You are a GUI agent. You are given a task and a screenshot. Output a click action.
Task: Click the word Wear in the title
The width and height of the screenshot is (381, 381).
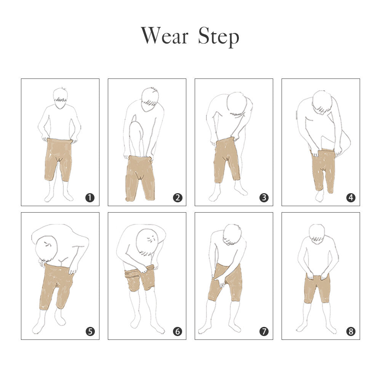[165, 35]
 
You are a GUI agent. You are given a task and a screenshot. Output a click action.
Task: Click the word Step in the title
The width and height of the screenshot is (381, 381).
[219, 37]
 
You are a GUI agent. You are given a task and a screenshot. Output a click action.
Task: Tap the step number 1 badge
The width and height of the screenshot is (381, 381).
[90, 197]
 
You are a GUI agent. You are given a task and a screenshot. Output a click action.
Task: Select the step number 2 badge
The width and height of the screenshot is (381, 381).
[178, 197]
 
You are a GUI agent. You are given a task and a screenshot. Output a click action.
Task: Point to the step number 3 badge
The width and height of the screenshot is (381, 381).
[264, 197]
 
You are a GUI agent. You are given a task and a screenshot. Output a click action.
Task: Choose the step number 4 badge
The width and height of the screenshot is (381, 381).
[351, 197]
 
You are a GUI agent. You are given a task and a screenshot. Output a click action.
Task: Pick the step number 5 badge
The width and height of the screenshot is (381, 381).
[90, 331]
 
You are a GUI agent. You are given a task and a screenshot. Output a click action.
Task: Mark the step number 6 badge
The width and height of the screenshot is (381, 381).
[178, 331]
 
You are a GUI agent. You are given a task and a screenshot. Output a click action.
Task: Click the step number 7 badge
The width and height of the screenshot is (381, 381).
[264, 331]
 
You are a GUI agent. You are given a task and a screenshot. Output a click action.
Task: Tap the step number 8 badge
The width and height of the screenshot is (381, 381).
[351, 331]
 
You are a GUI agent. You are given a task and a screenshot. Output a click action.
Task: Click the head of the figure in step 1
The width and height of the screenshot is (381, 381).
[60, 98]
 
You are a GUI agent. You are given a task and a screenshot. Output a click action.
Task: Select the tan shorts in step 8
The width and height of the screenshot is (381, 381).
[317, 289]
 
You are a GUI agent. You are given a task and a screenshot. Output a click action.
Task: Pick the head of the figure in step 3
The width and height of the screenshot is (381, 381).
[237, 104]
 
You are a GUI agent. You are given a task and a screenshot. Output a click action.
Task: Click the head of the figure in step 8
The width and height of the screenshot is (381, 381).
[317, 234]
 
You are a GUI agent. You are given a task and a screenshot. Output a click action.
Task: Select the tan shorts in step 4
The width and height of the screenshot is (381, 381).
[323, 170]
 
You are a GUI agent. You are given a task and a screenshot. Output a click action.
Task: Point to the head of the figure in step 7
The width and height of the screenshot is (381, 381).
[232, 234]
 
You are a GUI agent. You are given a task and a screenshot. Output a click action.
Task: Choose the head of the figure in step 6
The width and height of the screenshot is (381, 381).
[147, 242]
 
